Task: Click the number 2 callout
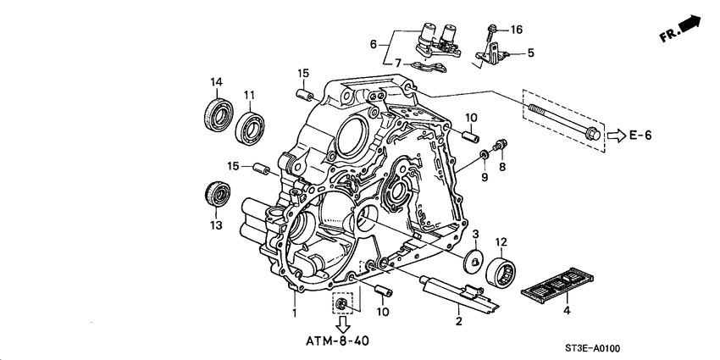click(x=457, y=321)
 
